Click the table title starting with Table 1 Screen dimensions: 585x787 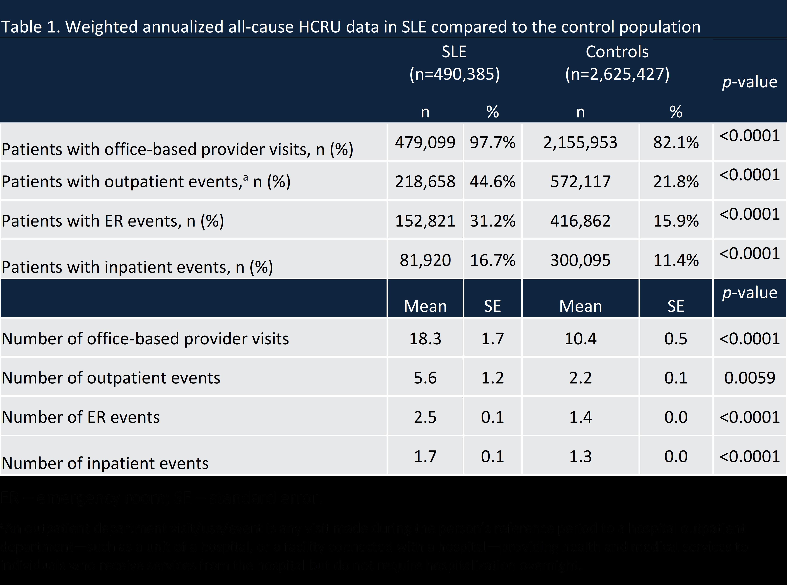tap(351, 27)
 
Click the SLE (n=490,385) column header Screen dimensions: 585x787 tap(454, 63)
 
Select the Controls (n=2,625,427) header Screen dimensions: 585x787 tap(617, 63)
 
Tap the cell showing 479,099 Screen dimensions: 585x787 tap(425, 142)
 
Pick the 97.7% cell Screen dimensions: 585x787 tap(492, 142)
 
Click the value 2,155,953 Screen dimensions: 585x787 tap(580, 142)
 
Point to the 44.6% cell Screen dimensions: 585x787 tap(492, 182)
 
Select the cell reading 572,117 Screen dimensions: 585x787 tap(580, 182)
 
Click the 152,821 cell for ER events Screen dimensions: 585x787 tap(425, 221)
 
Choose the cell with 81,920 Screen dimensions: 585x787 tap(425, 260)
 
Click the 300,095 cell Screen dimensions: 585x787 tap(580, 260)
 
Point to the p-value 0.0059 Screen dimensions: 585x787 tap(749, 378)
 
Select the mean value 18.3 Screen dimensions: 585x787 tap(425, 338)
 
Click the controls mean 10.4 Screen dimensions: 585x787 tap(580, 338)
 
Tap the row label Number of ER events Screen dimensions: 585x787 tap(81, 417)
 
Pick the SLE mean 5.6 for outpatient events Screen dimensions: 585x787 tap(425, 378)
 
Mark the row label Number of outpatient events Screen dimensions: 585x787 tap(111, 378)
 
